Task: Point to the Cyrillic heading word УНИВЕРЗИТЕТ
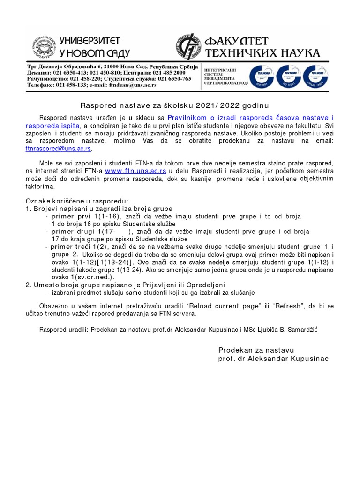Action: click(90, 41)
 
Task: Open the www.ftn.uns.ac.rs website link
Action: click(135, 171)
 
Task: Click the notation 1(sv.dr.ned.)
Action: click(75, 277)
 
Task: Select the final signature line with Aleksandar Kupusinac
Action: click(273, 359)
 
